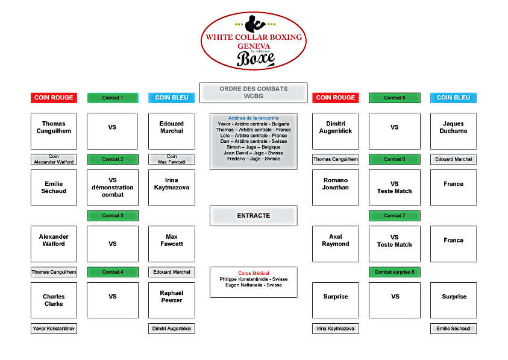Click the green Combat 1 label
(112, 98)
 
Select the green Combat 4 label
(112, 272)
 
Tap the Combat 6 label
(394, 159)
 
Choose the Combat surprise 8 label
(394, 272)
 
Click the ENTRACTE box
(253, 215)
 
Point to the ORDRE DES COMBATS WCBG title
(253, 92)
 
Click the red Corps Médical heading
(253, 273)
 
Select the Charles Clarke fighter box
(54, 300)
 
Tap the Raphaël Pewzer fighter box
(172, 300)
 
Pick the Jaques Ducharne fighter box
(453, 131)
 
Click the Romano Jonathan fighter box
(335, 188)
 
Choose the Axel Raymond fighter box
(335, 244)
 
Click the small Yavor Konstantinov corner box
(54, 329)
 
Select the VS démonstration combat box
(112, 188)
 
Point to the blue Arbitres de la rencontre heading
(253, 118)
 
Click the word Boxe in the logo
(256, 58)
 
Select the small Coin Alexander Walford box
(54, 159)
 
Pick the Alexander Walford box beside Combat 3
(54, 244)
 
